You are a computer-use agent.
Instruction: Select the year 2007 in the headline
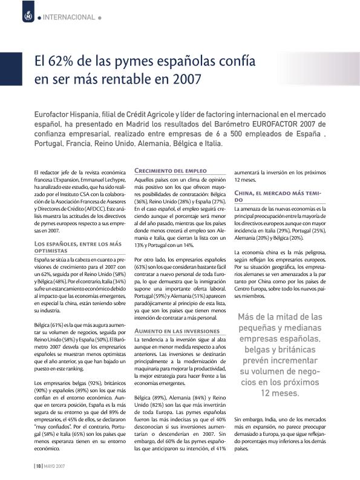[186, 79]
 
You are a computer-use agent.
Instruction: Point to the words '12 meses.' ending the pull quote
[278, 393]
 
